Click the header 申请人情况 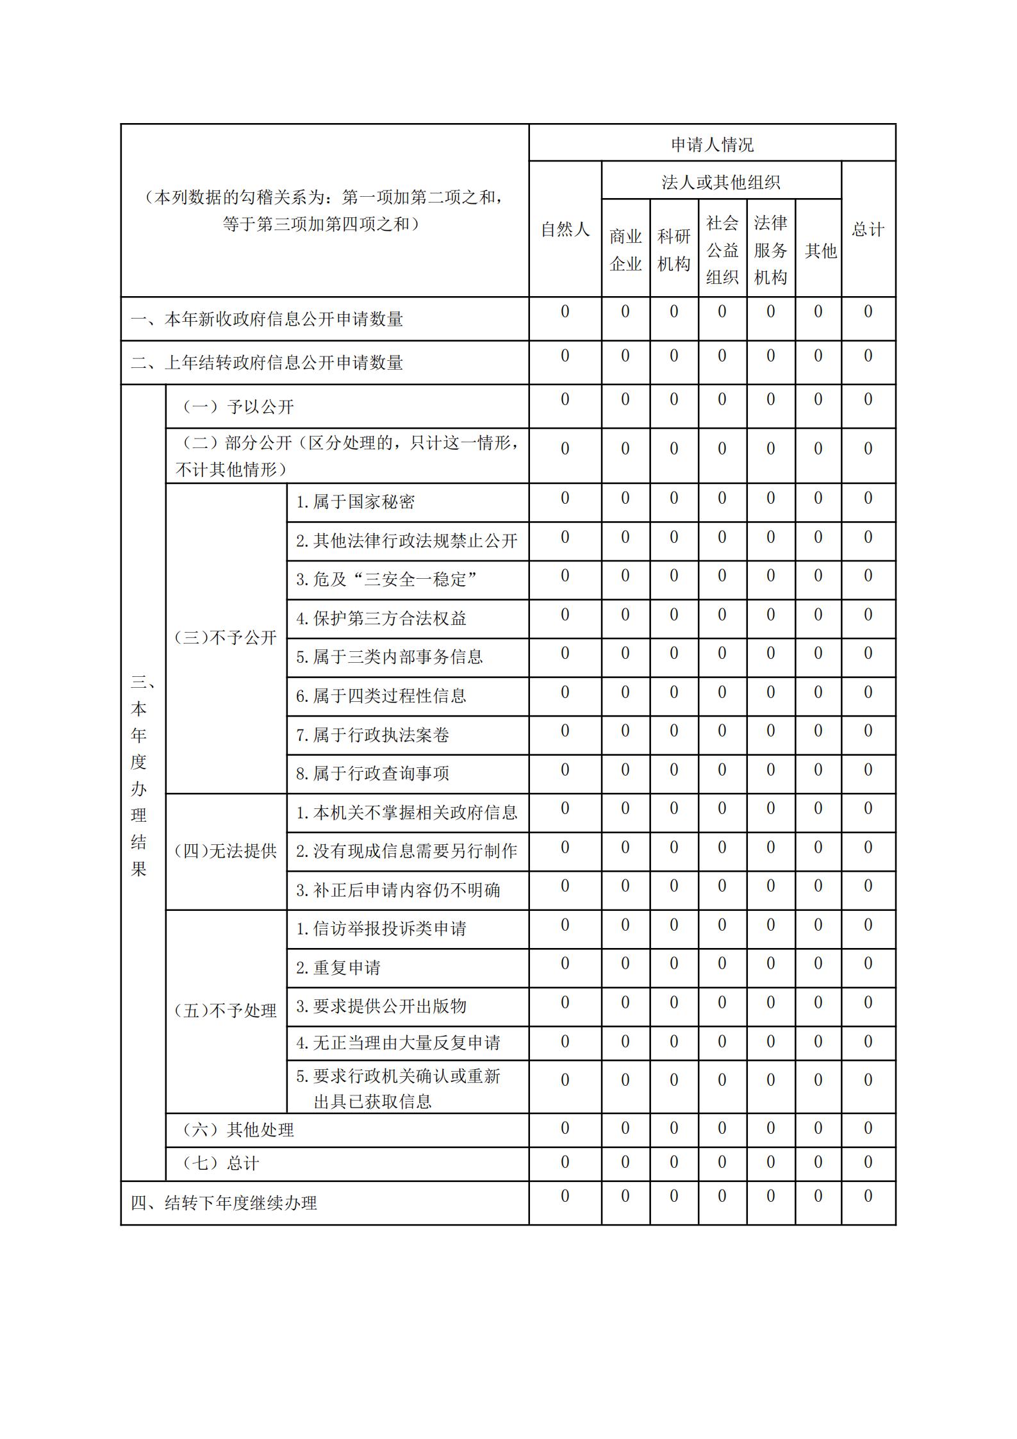712,145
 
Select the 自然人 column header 565,229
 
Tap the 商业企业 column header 625,250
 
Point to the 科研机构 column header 674,250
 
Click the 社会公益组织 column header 722,250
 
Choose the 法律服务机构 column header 770,250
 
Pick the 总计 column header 868,229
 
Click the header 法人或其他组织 721,183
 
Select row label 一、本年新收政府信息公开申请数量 267,319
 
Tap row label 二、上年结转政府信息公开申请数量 267,363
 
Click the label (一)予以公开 238,406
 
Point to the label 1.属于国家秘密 355,502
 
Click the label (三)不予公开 226,638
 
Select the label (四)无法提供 226,851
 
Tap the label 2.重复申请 338,967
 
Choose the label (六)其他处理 238,1129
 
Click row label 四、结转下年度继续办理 224,1203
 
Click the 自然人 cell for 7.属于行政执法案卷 565,731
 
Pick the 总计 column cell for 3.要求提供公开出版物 868,1002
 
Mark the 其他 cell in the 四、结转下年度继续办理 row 818,1196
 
